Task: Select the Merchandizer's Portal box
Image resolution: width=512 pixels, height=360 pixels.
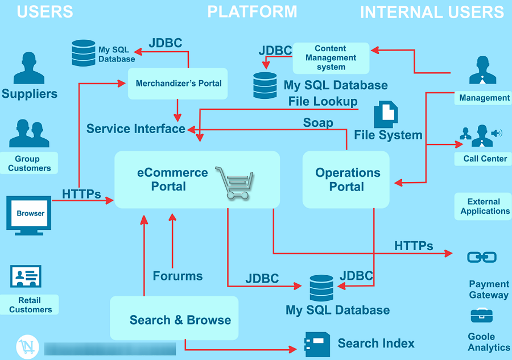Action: click(x=179, y=84)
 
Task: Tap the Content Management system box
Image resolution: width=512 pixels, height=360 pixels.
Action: click(x=331, y=58)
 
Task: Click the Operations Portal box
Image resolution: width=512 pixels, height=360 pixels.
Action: click(x=347, y=179)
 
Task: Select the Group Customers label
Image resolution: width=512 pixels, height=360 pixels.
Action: click(x=30, y=163)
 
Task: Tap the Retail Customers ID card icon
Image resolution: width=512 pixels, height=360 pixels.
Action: click(x=26, y=276)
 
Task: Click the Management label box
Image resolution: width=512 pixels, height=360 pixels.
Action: click(x=484, y=98)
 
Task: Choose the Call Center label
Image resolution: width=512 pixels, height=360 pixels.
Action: click(x=485, y=159)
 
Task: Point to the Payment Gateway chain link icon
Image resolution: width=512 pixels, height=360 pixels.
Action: click(x=482, y=258)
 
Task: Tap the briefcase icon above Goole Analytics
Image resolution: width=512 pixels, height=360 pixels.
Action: click(x=481, y=316)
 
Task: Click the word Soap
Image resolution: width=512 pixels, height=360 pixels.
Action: click(x=318, y=123)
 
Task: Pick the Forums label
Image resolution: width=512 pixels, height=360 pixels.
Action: click(x=177, y=276)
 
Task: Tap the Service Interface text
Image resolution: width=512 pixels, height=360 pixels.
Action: click(x=136, y=129)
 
